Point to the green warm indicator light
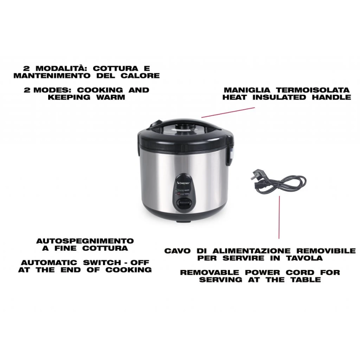[x=180, y=190]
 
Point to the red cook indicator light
[x=180, y=194]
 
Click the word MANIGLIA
[x=247, y=90]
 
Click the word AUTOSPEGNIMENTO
[x=85, y=241]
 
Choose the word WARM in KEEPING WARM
[x=111, y=97]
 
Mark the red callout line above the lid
[x=228, y=112]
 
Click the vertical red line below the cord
[x=279, y=217]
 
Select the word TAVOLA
[x=305, y=258]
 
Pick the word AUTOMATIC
[x=49, y=262]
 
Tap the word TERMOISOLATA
[x=313, y=90]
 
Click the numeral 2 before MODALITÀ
[x=27, y=68]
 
